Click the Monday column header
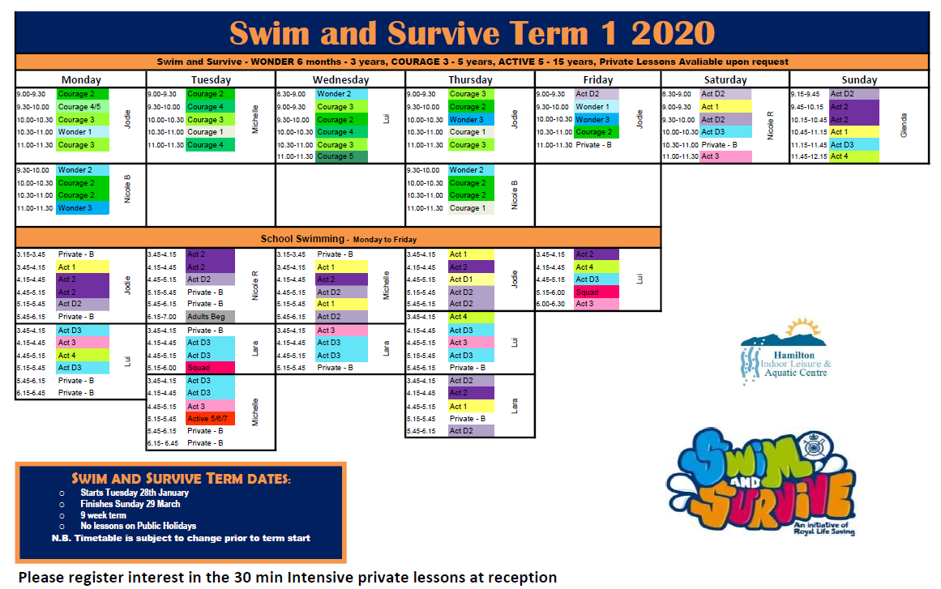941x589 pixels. (x=81, y=79)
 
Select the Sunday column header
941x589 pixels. (x=859, y=79)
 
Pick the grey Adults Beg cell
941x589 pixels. (x=210, y=317)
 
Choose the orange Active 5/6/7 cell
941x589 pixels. (x=210, y=419)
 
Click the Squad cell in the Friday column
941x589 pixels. (x=596, y=292)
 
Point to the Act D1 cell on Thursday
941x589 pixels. (x=470, y=280)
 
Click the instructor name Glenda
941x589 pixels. (x=904, y=126)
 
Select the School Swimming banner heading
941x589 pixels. (x=339, y=239)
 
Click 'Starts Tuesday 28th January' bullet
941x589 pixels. (x=135, y=493)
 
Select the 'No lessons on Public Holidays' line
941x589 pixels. (x=138, y=527)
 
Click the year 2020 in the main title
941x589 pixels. (x=672, y=33)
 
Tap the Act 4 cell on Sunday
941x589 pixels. (x=848, y=157)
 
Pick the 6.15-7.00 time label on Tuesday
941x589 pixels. (x=165, y=317)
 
